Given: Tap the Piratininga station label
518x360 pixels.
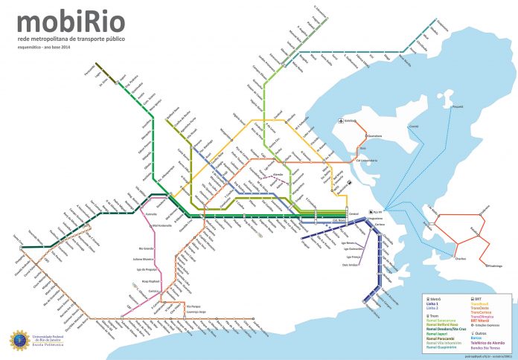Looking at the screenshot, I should click(497, 265).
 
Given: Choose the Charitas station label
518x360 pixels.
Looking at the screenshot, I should click(461, 259).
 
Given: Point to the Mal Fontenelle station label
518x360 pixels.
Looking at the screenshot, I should click(162, 225).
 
